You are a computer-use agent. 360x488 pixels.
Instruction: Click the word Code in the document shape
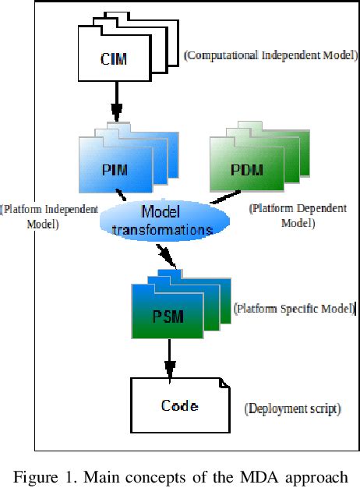(x=179, y=405)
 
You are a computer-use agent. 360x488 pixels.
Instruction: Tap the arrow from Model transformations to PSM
(x=166, y=256)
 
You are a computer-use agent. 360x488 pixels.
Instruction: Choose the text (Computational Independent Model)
(x=270, y=55)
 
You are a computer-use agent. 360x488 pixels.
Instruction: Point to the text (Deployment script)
(x=292, y=408)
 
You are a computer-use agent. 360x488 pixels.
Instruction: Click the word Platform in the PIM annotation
(x=23, y=209)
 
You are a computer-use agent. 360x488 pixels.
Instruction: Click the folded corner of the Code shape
(x=224, y=383)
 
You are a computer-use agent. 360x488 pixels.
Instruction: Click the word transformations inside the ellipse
(x=162, y=230)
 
